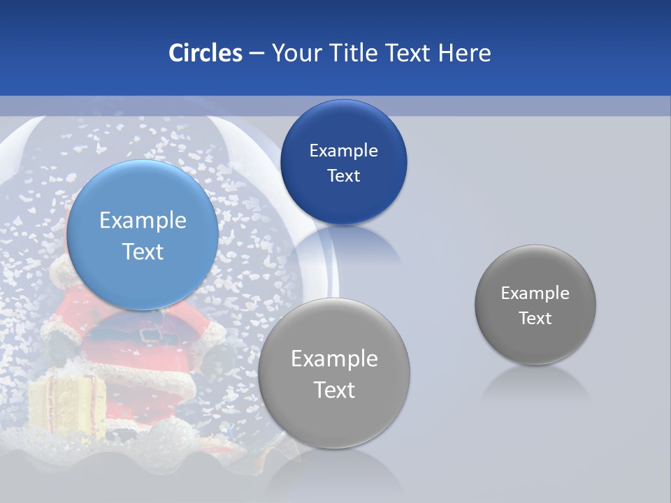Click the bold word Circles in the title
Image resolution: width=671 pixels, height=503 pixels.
(205, 53)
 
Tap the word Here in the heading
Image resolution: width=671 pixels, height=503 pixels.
(464, 53)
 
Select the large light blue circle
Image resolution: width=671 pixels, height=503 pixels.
(143, 235)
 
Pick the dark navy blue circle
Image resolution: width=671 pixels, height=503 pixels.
(343, 162)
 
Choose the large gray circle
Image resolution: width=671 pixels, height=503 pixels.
(334, 373)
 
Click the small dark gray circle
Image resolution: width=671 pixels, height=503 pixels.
(535, 305)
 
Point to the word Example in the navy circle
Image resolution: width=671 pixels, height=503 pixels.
(343, 151)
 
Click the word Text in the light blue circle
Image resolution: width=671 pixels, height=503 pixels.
(143, 251)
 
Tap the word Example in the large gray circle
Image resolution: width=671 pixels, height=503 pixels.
(334, 359)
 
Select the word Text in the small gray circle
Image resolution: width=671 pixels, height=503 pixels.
(535, 319)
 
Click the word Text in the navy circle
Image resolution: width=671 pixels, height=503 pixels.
(343, 176)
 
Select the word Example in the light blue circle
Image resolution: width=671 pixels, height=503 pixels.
(143, 221)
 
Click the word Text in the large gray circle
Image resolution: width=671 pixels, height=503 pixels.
(334, 390)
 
